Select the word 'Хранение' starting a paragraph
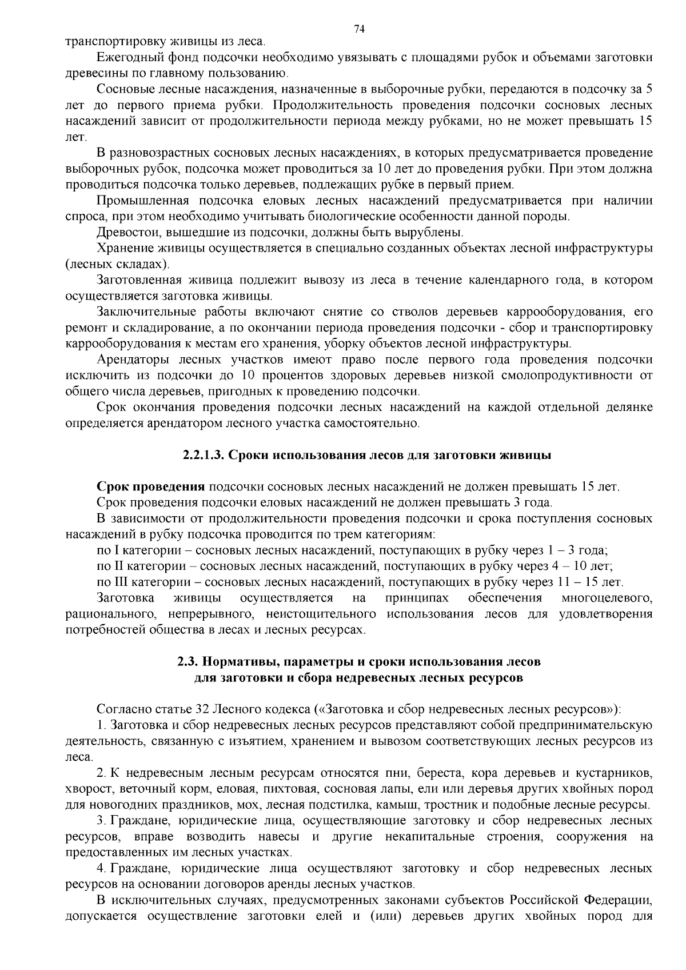coord(124,249)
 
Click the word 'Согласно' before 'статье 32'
coord(124,709)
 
